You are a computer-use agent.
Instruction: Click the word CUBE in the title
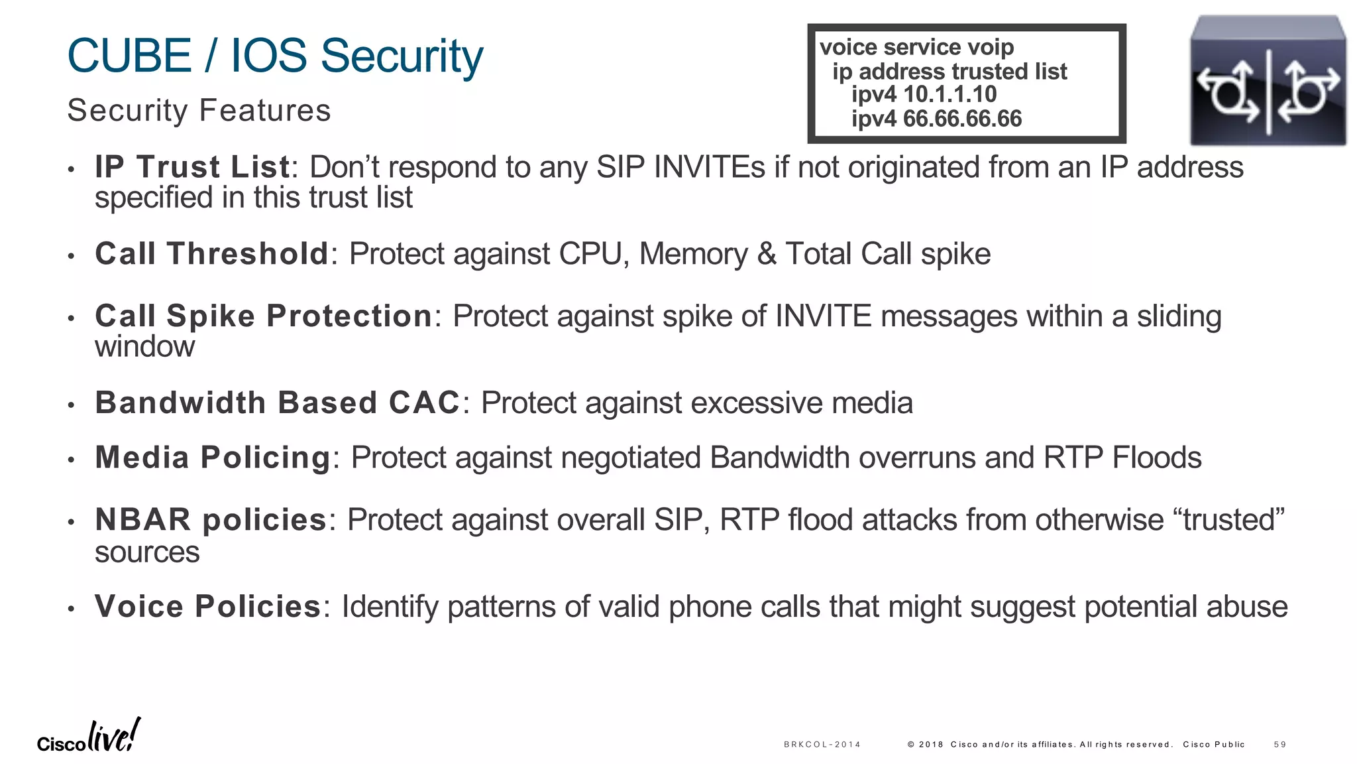[130, 56]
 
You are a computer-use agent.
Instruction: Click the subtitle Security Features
[199, 110]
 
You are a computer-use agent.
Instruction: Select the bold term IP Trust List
[192, 167]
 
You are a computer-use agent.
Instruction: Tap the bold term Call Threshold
[211, 254]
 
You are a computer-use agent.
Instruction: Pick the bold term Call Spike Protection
[263, 316]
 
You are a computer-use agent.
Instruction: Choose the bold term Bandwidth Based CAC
[277, 403]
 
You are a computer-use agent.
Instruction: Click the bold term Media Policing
[212, 458]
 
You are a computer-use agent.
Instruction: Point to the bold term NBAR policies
[211, 519]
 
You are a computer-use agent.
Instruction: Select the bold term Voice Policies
[207, 606]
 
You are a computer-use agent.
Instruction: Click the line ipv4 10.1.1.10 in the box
[924, 95]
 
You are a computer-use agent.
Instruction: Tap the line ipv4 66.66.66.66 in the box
[936, 119]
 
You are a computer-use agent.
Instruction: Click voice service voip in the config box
[916, 48]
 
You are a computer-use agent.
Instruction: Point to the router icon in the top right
[1268, 81]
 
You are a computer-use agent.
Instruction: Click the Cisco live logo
[89, 737]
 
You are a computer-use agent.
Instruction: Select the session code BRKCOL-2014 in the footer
[822, 745]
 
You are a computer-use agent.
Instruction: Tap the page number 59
[1279, 745]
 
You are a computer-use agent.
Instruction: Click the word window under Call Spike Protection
[144, 347]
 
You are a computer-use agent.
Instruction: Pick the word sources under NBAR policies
[146, 552]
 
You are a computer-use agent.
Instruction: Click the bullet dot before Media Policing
[71, 460]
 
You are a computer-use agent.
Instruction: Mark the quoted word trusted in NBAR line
[1229, 519]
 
